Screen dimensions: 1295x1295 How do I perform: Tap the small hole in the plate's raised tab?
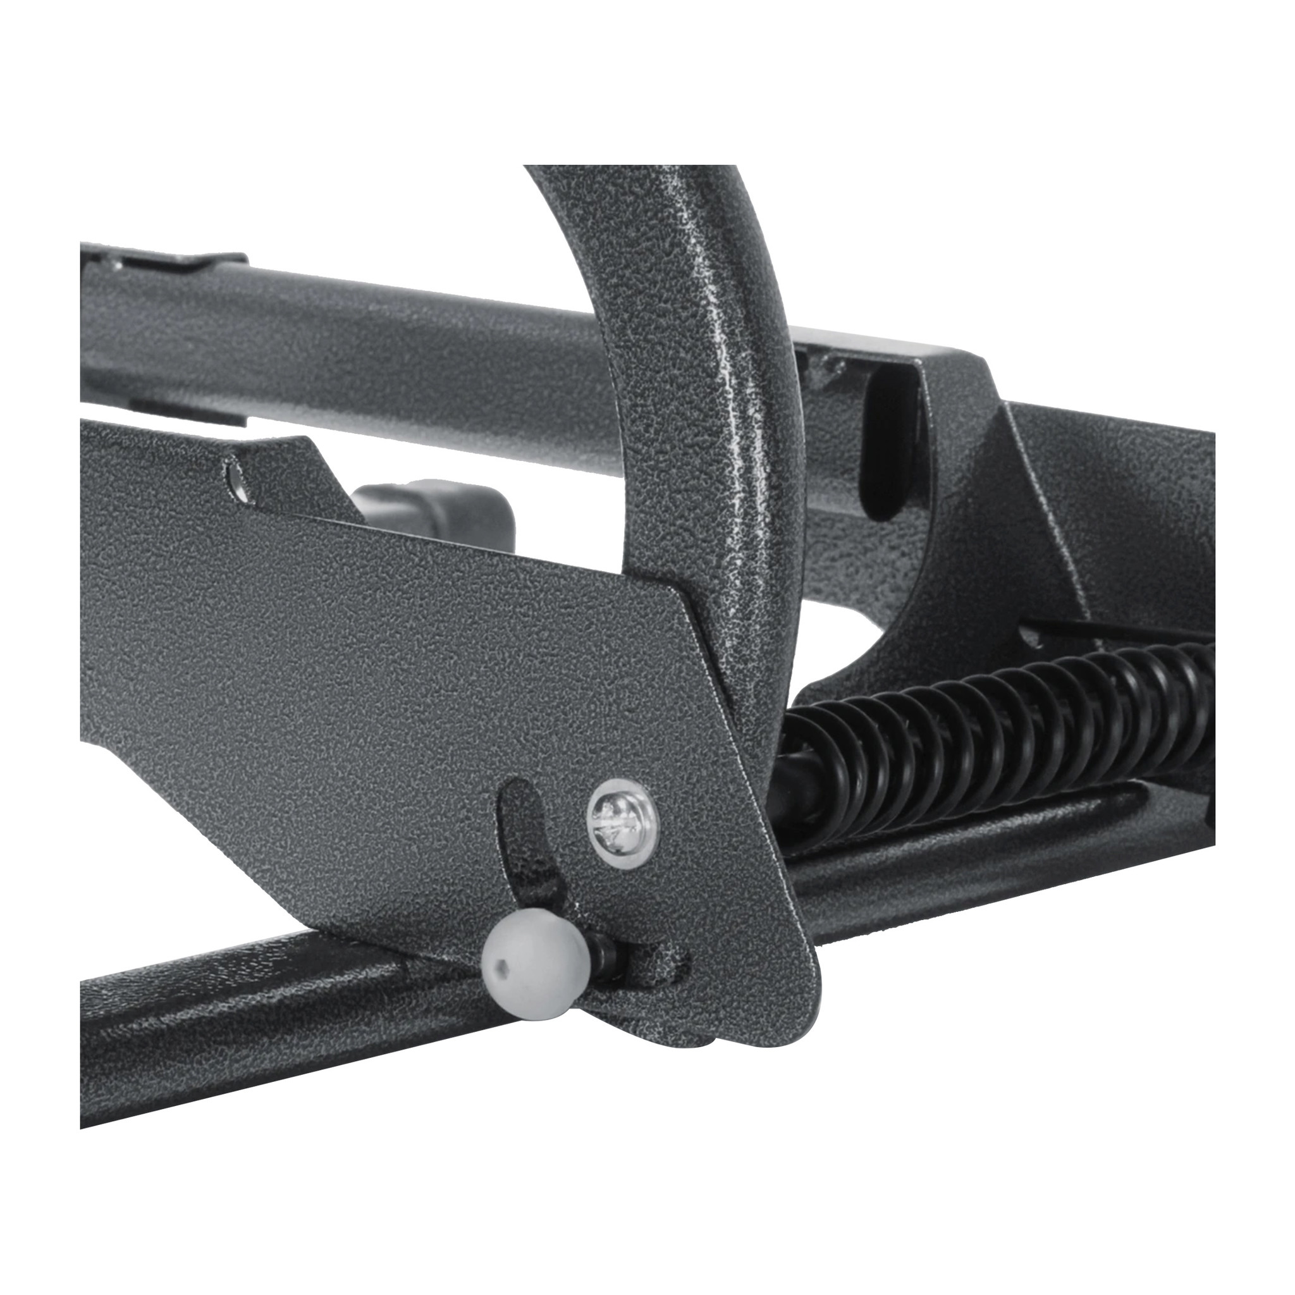coord(235,477)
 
